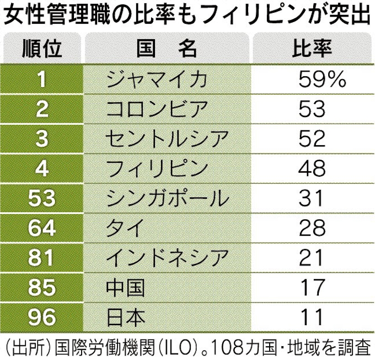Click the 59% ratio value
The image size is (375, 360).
pos(322,80)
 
